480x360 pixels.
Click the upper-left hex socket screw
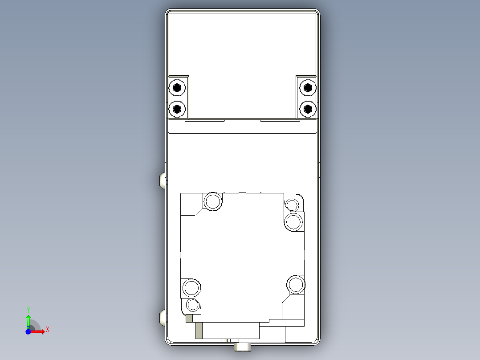pos(178,88)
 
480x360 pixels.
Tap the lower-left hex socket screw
pos(178,108)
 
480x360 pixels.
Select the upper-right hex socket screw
pos(307,88)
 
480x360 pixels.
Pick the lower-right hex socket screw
pos(307,108)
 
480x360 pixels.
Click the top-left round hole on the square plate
pos(213,201)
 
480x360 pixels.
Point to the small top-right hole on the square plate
pos(292,205)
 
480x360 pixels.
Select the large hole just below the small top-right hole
pos(293,221)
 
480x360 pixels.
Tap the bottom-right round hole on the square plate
pos(295,284)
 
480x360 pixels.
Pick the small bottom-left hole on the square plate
pos(193,305)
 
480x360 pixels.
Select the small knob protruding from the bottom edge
pos(243,346)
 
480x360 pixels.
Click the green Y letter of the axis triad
pos(28,309)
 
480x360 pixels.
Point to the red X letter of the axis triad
pos(48,330)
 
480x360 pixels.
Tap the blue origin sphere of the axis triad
pos(28,331)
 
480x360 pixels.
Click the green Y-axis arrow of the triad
pos(28,321)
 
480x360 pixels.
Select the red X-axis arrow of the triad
pos(38,331)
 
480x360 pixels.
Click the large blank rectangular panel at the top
pos(243,45)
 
